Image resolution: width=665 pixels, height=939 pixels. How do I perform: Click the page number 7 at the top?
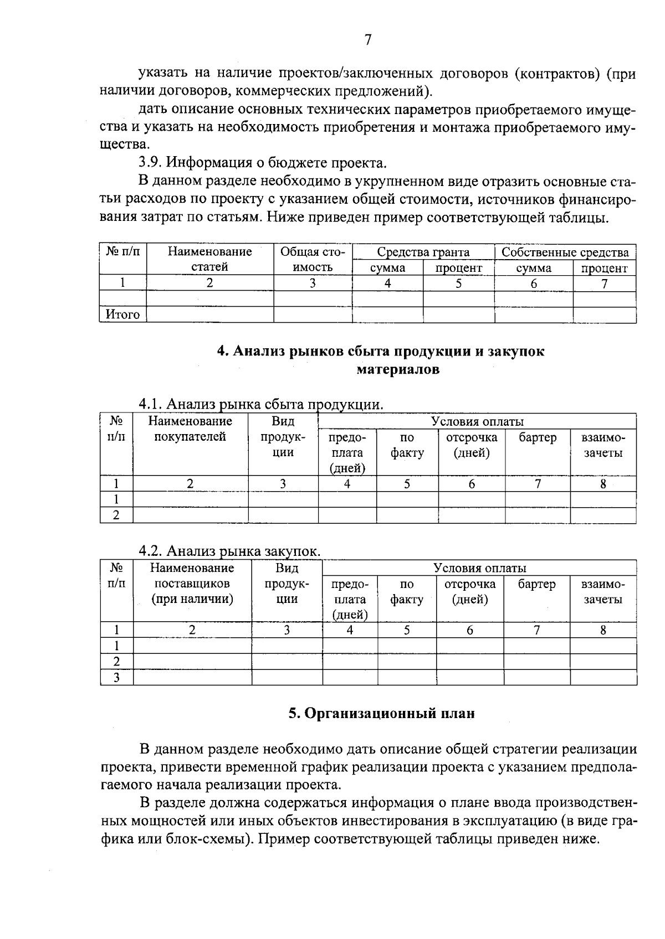coord(367,40)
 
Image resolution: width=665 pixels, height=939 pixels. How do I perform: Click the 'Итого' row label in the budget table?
coord(122,315)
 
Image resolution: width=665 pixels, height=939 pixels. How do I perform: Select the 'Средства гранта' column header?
coord(423,252)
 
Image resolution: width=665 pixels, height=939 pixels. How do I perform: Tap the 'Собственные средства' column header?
coord(565,252)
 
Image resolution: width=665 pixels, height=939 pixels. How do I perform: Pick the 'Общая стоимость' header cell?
coord(313,260)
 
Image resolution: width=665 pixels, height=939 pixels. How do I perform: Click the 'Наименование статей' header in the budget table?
coord(209,260)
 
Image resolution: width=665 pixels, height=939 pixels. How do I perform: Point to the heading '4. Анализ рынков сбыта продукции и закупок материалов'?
coord(380,360)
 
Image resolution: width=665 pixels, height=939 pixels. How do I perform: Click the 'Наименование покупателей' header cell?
coord(190,429)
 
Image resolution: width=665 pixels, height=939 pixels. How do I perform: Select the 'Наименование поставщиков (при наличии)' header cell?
coord(192,584)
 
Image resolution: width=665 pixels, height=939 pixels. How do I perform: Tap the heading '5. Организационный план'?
coord(381,713)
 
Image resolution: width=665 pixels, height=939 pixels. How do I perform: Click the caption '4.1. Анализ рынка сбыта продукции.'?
coord(260,404)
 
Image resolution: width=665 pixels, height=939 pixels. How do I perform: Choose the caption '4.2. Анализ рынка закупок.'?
coord(229,551)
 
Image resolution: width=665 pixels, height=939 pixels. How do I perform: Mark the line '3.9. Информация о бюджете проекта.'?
coord(262,163)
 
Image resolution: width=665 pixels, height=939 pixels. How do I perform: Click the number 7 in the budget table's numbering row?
coord(604,284)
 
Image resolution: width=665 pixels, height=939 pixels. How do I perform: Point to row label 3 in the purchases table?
coord(116,677)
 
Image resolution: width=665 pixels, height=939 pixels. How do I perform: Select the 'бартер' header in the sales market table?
coord(537,437)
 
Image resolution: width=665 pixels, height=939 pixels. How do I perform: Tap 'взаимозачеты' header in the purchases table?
coord(603,592)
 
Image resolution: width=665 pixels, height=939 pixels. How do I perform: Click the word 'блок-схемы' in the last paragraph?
coord(206,839)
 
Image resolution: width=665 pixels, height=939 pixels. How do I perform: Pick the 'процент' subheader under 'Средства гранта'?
coord(458,269)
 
